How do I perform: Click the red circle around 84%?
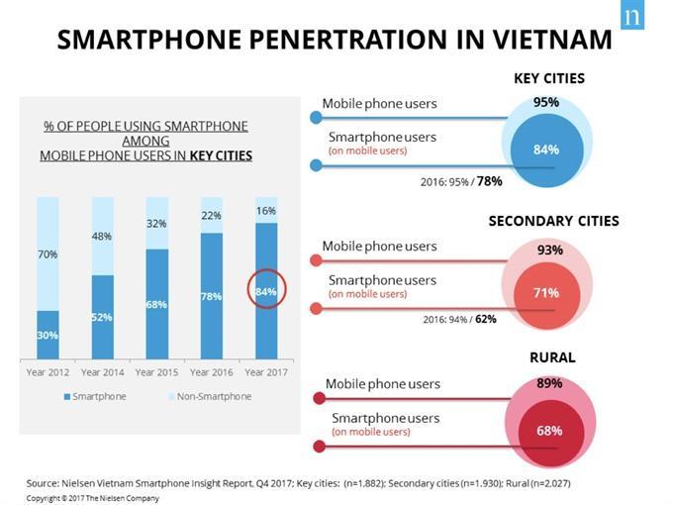coord(265,291)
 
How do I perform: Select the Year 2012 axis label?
coord(48,372)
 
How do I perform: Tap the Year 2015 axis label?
coord(156,372)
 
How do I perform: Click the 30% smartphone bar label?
coord(48,336)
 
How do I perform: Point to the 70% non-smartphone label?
coord(48,254)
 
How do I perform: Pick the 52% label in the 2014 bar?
coord(102,317)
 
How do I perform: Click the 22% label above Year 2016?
coord(211,215)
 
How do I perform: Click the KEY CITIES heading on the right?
coord(548,78)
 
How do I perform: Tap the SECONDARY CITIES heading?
coord(553,221)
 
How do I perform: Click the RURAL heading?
coord(551,357)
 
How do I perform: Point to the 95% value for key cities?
coord(546,102)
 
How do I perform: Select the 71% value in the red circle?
coord(546,293)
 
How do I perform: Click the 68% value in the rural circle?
coord(549,431)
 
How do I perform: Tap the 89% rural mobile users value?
coord(549,383)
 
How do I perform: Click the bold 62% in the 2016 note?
coord(485,320)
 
